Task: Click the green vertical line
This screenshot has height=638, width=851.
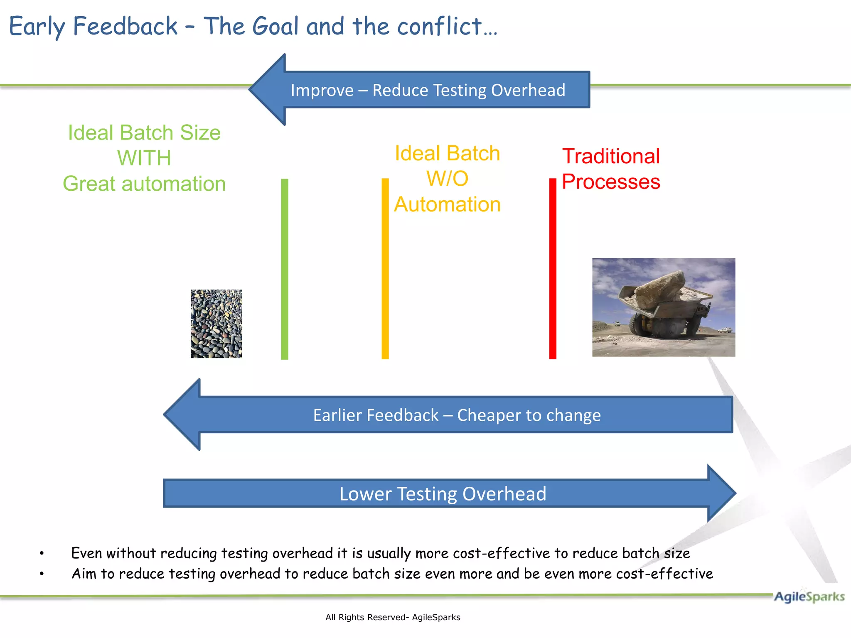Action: [x=285, y=269]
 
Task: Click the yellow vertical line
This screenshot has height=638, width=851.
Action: [x=385, y=269]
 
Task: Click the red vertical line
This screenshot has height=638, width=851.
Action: [x=553, y=269]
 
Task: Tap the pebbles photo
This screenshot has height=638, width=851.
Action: [x=216, y=324]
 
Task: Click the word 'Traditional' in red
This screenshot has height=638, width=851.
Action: [x=611, y=157]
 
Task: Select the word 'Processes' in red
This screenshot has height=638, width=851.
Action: [x=611, y=182]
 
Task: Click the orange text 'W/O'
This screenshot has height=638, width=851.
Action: [x=447, y=179]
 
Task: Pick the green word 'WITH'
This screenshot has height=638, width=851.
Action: [x=144, y=158]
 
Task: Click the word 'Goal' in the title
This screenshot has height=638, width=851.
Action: [x=275, y=26]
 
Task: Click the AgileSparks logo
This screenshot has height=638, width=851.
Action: [x=809, y=596]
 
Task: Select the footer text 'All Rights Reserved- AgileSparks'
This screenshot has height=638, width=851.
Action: [x=393, y=617]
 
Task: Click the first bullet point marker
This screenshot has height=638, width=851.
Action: [x=42, y=553]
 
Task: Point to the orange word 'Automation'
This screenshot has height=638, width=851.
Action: [x=447, y=204]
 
